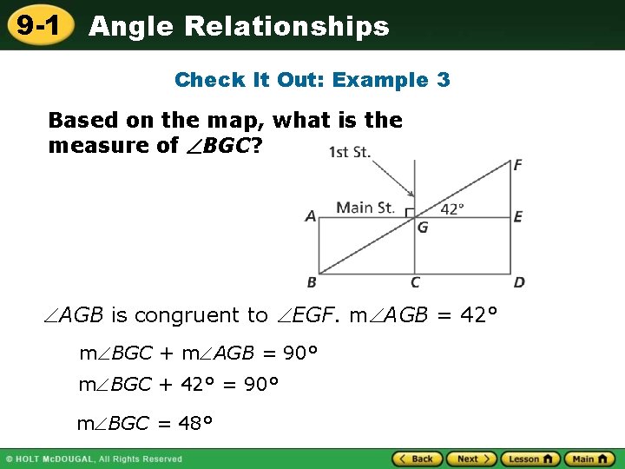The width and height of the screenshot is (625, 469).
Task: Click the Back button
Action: point(416,459)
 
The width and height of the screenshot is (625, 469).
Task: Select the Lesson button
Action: point(530,459)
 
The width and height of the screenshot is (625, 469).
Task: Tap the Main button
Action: point(589,459)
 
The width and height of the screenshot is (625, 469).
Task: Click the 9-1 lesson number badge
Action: point(36,26)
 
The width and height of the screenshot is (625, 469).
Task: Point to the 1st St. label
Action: point(350,152)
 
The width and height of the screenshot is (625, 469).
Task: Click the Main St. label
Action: point(365,207)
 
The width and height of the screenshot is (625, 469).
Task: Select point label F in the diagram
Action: point(518,165)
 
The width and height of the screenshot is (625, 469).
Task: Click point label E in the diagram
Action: point(518,217)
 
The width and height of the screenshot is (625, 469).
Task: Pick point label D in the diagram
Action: point(519,282)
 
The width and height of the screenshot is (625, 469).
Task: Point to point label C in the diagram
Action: point(415,282)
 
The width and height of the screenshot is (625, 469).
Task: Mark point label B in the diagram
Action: point(312,282)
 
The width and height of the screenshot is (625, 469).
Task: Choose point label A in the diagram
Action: point(310,217)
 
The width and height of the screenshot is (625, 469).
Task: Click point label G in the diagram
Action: point(423,228)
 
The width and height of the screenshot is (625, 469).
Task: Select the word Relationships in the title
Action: point(286,26)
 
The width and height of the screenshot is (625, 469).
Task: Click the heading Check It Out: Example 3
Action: point(312,80)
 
